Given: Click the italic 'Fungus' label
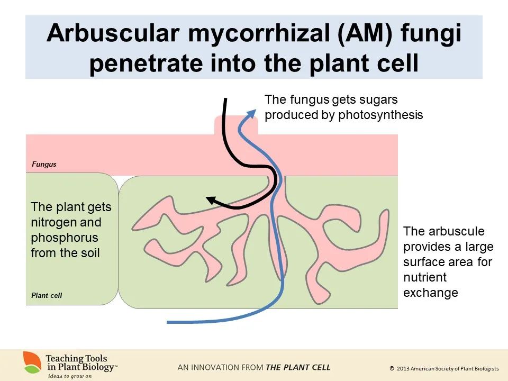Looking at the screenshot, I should pyautogui.click(x=44, y=165).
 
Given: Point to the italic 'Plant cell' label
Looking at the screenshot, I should pyautogui.click(x=47, y=295).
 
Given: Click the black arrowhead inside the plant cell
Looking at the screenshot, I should pyautogui.click(x=211, y=200).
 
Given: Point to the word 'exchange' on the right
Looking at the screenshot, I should pyautogui.click(x=430, y=293).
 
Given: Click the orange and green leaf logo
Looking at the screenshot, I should pyautogui.click(x=32, y=362).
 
